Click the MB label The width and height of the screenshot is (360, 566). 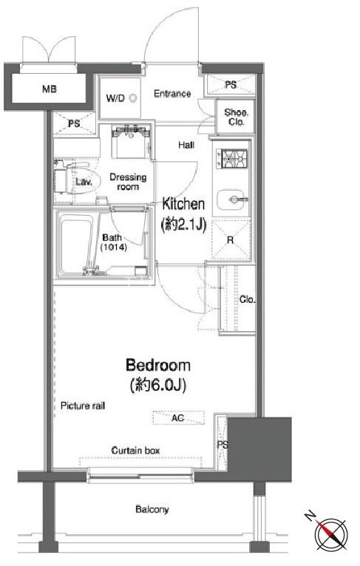(49, 89)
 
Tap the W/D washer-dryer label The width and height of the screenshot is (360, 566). (115, 98)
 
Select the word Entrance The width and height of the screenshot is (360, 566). (172, 94)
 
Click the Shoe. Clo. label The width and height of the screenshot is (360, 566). (236, 117)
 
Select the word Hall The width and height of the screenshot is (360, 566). (186, 145)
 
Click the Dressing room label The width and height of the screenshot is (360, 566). (128, 182)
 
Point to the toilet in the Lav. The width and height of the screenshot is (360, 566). (72, 178)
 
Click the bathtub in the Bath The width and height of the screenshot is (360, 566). (77, 245)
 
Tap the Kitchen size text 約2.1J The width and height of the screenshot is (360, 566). (183, 225)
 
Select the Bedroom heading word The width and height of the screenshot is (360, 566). (157, 365)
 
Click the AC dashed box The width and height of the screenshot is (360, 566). (178, 417)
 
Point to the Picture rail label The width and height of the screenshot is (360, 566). (83, 406)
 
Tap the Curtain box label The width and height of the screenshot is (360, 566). (135, 451)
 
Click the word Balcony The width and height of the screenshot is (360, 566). (152, 510)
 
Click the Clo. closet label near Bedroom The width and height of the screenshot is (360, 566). (248, 299)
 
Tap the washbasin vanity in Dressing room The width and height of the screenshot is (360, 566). (131, 141)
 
